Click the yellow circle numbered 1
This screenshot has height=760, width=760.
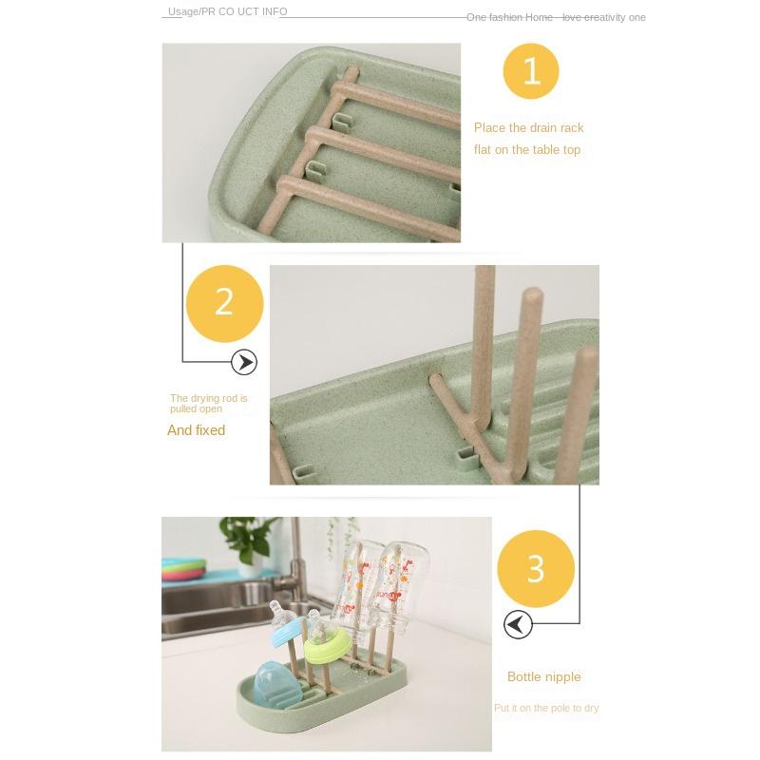coord(531,71)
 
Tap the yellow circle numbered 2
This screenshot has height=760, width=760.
coord(224,303)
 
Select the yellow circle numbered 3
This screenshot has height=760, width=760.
coord(536,569)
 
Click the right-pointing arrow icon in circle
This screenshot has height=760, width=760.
coord(244,362)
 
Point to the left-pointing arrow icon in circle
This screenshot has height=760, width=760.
coord(518,624)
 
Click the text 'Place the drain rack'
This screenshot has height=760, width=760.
coord(528,128)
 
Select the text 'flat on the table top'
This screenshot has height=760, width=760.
coord(526,150)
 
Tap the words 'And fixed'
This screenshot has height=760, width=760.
coord(196,430)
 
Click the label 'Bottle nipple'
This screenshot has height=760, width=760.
coord(543,677)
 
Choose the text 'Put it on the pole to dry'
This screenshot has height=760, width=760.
coord(545,709)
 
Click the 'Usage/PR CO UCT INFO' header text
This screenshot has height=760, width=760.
coord(227,12)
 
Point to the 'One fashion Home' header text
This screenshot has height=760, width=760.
coord(509,18)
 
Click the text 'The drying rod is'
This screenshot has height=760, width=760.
coord(208,398)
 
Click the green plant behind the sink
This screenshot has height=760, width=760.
coord(249,537)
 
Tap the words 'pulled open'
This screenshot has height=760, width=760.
coord(196,409)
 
